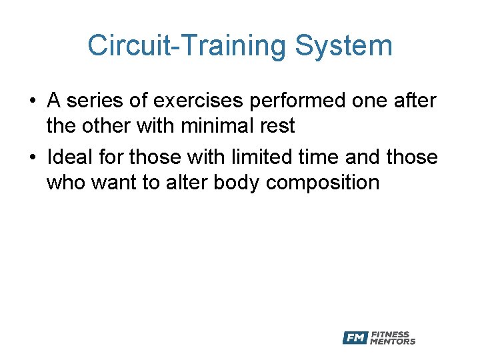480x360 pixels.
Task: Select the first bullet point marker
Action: (32, 102)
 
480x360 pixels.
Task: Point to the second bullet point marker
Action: (32, 158)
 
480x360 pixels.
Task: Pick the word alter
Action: (186, 183)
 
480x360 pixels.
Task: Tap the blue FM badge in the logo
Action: (355, 338)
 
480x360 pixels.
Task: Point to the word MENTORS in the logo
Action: (392, 342)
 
